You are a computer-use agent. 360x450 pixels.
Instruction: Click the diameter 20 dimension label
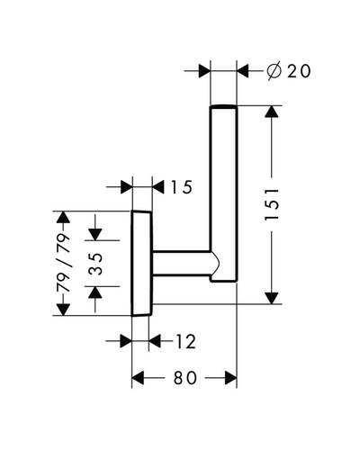click(x=289, y=71)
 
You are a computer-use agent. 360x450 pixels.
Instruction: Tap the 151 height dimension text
click(x=272, y=204)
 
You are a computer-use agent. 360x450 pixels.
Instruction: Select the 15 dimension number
click(x=181, y=187)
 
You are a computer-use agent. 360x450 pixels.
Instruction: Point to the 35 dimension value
click(x=96, y=264)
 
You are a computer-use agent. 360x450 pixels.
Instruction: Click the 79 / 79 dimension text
click(x=63, y=263)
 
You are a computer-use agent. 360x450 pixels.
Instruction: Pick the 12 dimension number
click(x=185, y=341)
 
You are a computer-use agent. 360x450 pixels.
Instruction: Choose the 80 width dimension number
click(x=185, y=378)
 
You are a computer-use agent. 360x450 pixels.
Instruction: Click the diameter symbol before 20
click(x=274, y=71)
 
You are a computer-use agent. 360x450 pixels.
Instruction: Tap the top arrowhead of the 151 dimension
click(x=272, y=112)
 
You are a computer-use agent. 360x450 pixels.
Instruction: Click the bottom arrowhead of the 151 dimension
click(x=272, y=298)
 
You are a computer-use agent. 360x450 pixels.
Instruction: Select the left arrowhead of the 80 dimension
click(x=138, y=378)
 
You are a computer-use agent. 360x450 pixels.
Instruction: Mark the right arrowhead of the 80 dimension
click(x=230, y=378)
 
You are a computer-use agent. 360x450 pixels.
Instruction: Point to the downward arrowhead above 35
click(x=95, y=234)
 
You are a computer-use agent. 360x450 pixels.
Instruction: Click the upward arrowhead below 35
click(x=95, y=292)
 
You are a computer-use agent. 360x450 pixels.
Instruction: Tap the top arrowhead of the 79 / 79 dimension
click(x=63, y=217)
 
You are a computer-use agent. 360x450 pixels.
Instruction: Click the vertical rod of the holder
click(x=224, y=193)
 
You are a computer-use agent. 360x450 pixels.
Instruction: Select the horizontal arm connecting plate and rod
click(x=182, y=263)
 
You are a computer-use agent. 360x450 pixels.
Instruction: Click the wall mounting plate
click(x=141, y=264)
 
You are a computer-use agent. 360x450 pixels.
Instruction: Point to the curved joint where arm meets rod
click(x=215, y=263)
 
